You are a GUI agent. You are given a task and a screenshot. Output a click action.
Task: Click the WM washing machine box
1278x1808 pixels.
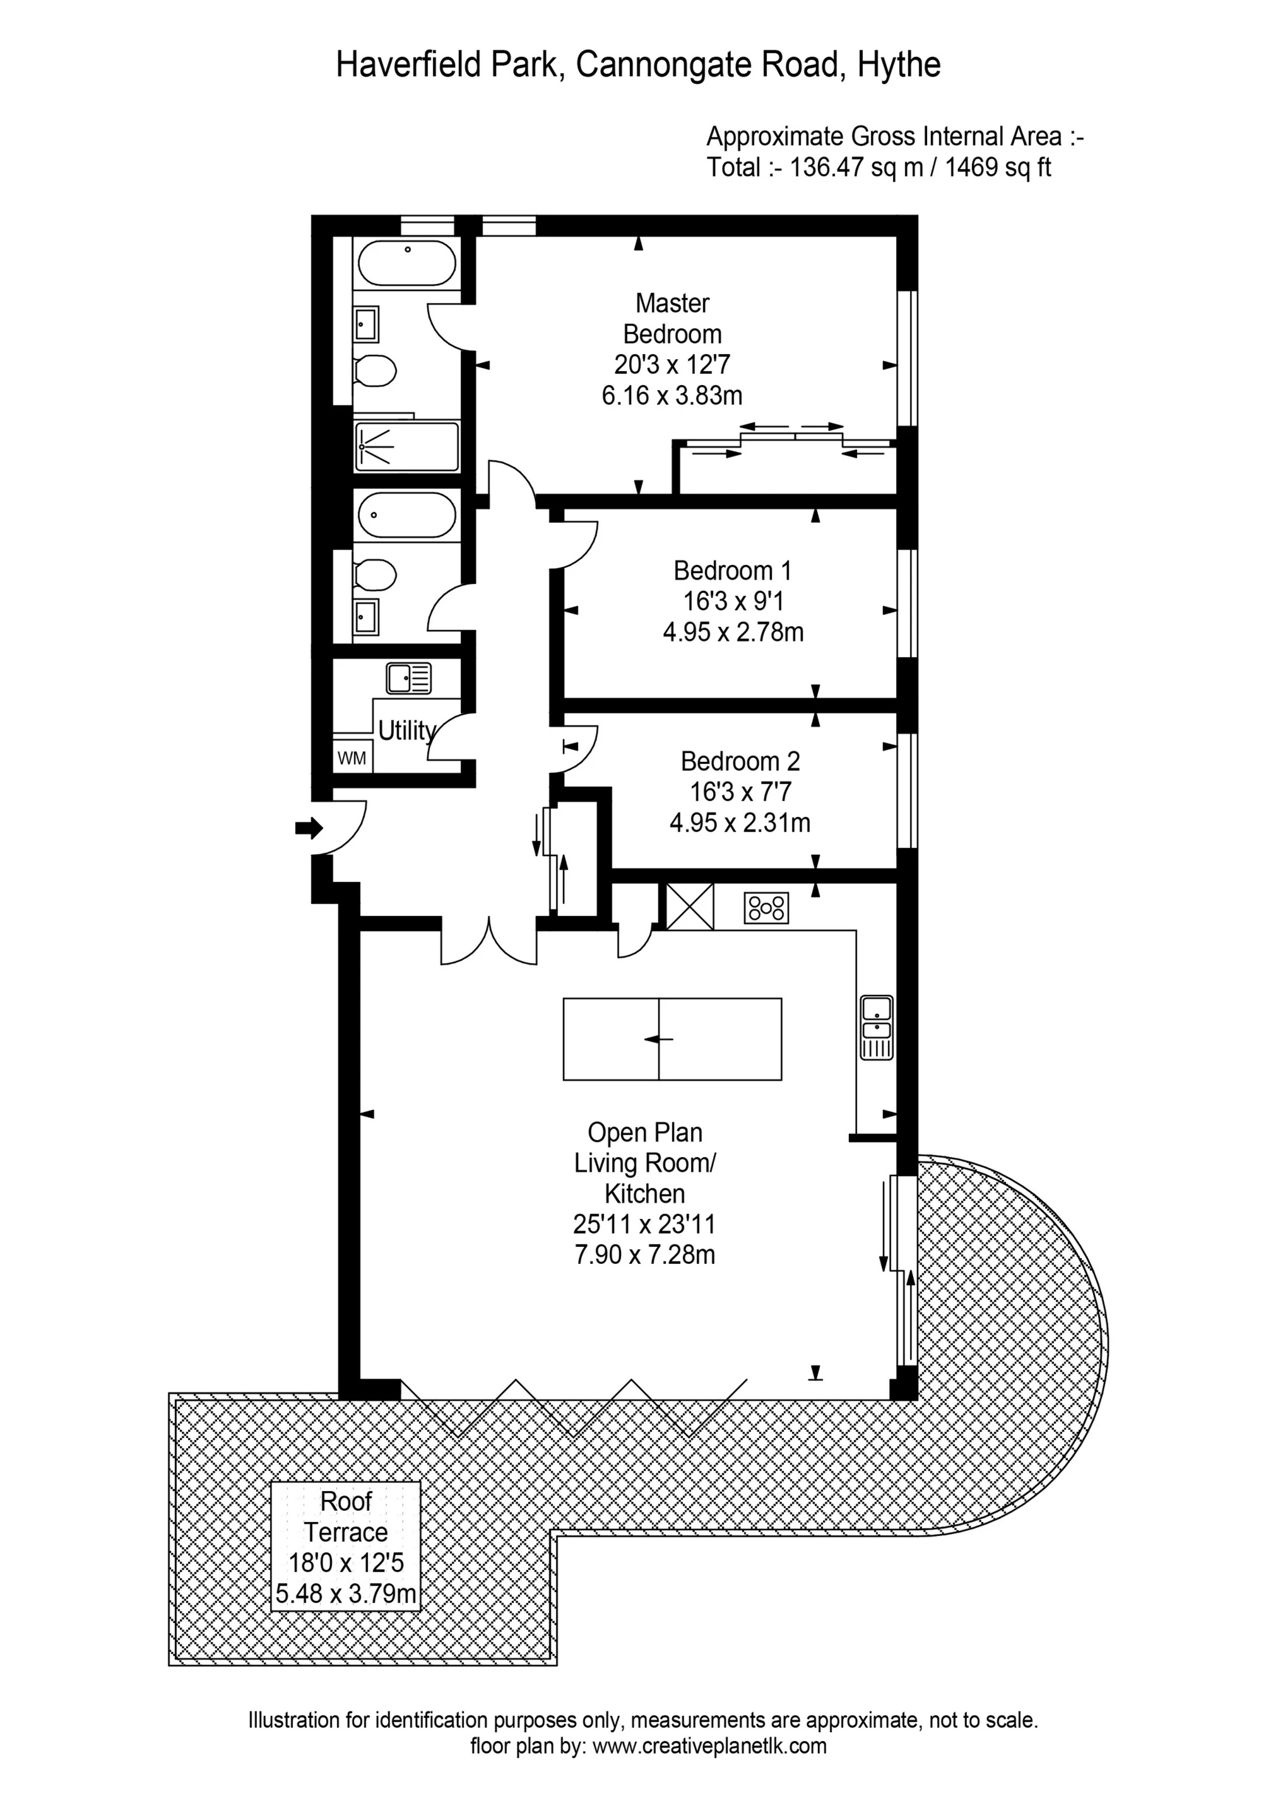pyautogui.click(x=352, y=758)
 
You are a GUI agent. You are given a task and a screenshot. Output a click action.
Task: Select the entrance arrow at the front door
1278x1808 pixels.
pyautogui.click(x=309, y=828)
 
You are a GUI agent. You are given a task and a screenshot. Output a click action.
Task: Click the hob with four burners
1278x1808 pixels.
pyautogui.click(x=766, y=907)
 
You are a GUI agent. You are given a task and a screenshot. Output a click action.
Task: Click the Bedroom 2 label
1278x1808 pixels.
pyautogui.click(x=740, y=761)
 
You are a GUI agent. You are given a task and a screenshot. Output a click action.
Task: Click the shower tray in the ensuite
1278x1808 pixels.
pyautogui.click(x=406, y=448)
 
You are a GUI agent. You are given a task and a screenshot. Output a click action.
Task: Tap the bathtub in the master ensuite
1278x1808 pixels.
pyautogui.click(x=407, y=263)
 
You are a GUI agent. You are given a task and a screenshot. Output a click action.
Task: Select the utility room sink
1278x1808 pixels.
pyautogui.click(x=409, y=677)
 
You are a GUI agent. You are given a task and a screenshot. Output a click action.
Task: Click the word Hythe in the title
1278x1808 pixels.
pyautogui.click(x=899, y=64)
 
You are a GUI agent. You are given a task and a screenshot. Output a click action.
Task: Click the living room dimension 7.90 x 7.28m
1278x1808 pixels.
pyautogui.click(x=645, y=1254)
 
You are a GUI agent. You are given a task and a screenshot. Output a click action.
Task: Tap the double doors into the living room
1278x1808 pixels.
pyautogui.click(x=489, y=941)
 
